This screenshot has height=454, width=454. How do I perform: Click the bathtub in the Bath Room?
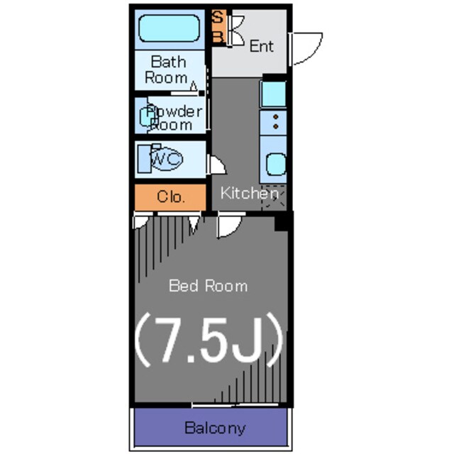(170, 28)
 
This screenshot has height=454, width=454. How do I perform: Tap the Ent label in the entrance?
(262, 46)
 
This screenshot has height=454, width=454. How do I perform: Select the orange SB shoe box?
(218, 26)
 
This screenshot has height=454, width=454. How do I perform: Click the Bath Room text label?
(167, 70)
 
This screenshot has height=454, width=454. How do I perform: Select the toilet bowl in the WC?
(166, 159)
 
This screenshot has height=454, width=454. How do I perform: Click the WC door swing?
(218, 165)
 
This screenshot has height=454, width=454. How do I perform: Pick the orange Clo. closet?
(170, 197)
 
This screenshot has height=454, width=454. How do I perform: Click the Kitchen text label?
(249, 193)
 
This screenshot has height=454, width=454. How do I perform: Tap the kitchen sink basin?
(276, 165)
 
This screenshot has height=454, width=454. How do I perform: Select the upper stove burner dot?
(276, 117)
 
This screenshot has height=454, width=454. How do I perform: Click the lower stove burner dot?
(276, 126)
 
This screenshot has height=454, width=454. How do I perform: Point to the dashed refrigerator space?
(274, 197)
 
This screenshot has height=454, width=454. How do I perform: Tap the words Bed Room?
(208, 286)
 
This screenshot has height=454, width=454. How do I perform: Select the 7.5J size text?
(209, 340)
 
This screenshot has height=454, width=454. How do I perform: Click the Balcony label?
(215, 428)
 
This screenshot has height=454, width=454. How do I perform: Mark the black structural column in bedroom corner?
(282, 222)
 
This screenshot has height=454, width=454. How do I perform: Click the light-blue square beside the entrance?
(273, 94)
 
